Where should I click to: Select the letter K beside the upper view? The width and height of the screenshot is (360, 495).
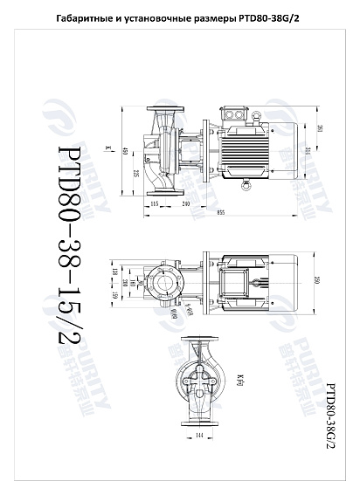coord(107,148)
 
